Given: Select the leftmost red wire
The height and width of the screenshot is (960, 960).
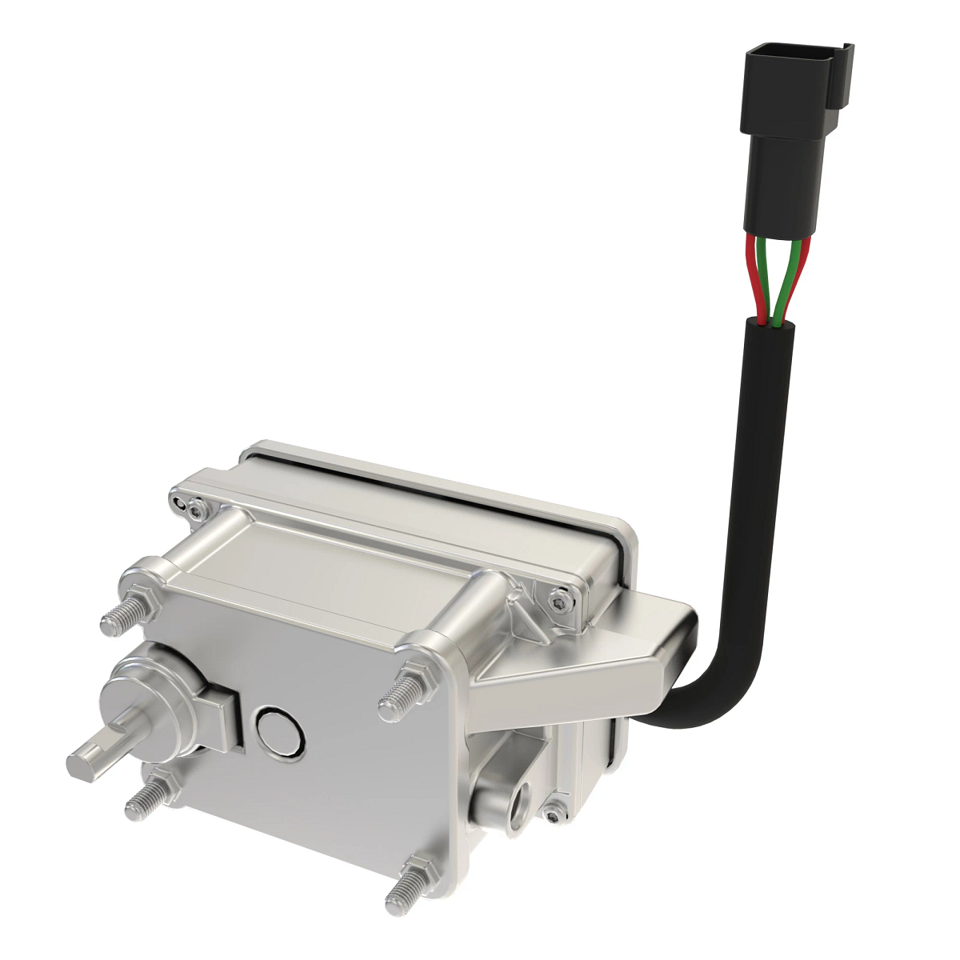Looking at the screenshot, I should [x=752, y=280].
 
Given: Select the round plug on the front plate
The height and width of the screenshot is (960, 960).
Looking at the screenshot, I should [x=278, y=731].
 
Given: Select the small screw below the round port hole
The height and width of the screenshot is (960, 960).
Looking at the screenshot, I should [x=551, y=814].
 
